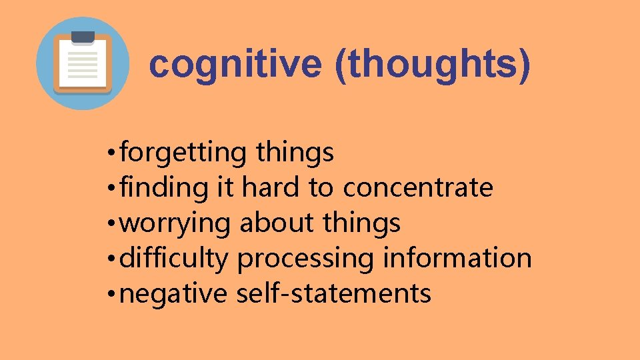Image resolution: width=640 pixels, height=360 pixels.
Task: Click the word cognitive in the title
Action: [235, 65]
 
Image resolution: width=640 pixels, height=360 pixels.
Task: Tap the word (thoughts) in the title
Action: [433, 65]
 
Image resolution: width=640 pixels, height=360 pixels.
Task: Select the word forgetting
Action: [184, 153]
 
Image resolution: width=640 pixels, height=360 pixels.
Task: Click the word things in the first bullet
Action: [294, 153]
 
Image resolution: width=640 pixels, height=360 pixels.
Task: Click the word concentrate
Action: [418, 189]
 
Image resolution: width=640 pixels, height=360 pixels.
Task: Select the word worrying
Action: [176, 223]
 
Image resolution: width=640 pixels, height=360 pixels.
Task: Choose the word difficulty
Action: [174, 259]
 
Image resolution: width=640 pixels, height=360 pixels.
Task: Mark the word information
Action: [457, 258]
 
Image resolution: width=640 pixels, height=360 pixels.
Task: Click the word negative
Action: [174, 294]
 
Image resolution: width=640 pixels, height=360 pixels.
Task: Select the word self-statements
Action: [334, 293]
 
